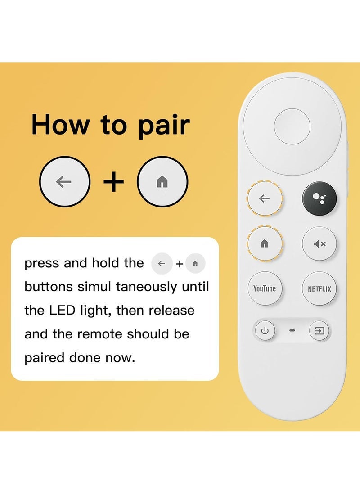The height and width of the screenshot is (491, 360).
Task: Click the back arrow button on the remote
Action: [x=265, y=198]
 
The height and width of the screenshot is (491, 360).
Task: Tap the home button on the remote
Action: [x=265, y=243]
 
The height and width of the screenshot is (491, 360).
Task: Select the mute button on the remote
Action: [x=319, y=244]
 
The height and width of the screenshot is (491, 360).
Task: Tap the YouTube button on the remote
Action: [x=265, y=288]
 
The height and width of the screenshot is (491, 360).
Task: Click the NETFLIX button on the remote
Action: [x=319, y=289]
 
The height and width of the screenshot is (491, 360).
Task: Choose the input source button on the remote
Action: [x=319, y=332]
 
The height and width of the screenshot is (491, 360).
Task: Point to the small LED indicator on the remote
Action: [x=292, y=332]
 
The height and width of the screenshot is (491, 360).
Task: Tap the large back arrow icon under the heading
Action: [x=64, y=182]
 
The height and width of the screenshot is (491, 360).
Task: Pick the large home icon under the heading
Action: [x=162, y=182]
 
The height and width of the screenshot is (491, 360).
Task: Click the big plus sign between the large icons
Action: [x=113, y=182]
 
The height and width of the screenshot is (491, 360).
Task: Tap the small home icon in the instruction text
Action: [x=195, y=264]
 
